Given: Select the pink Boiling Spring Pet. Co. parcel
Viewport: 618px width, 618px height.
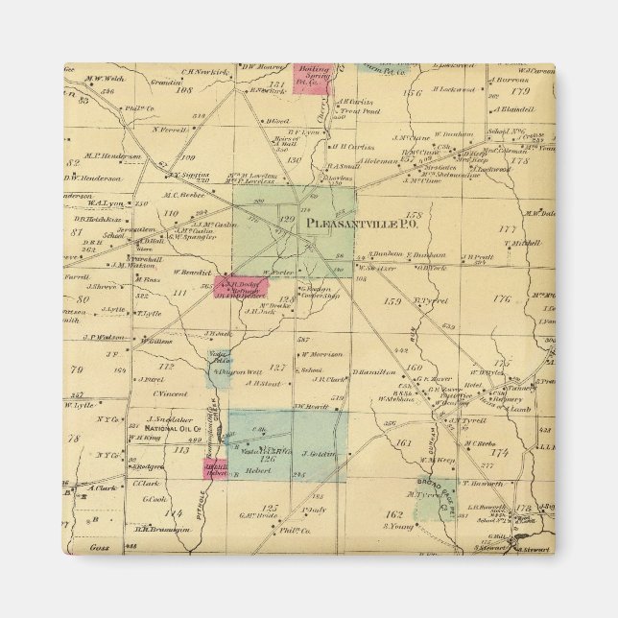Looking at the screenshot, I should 313,80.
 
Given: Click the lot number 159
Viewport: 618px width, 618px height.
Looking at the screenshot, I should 391,302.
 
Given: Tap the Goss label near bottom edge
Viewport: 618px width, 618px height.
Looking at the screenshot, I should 81,541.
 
